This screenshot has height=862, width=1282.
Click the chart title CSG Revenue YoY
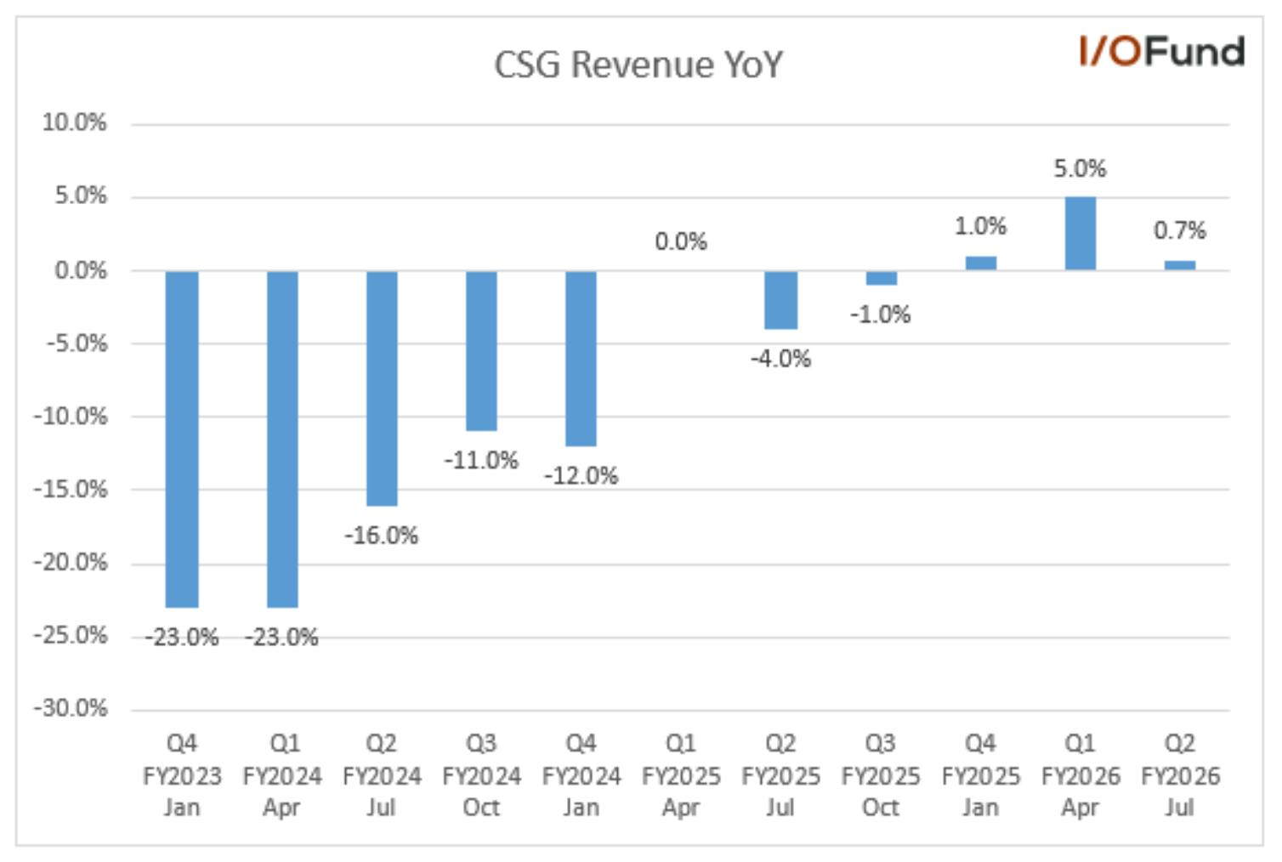(638, 64)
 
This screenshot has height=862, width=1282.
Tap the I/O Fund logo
(1162, 52)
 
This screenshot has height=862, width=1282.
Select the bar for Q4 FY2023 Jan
(182, 439)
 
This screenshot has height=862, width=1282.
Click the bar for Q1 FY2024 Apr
(282, 439)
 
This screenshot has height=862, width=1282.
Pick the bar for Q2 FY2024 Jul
(382, 388)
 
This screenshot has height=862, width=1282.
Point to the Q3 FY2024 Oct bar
(481, 351)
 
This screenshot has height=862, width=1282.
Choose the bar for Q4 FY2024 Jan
(581, 358)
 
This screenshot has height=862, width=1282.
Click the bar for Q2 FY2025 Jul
(780, 300)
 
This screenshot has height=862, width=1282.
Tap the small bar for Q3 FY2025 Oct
(882, 278)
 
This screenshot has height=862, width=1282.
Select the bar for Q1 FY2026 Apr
(1081, 234)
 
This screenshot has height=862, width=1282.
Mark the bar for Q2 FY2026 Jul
(1180, 265)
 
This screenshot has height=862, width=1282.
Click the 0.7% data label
(1180, 230)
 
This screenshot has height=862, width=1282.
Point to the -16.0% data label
(382, 536)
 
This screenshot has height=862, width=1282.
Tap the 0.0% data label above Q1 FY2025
(681, 241)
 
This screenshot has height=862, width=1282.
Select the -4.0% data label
(780, 359)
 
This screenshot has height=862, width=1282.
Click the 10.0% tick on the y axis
(75, 122)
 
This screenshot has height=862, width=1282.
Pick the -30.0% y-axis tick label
(71, 709)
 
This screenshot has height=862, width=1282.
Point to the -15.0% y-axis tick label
(71, 490)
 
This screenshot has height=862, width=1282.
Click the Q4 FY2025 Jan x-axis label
(981, 775)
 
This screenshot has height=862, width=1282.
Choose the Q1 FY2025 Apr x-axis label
(681, 775)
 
